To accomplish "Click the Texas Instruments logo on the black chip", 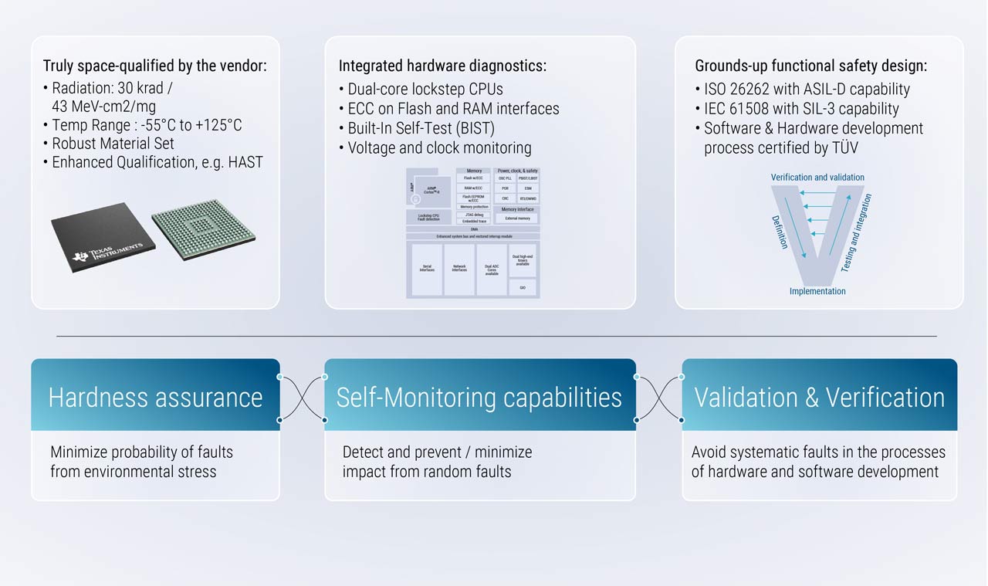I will (x=107, y=252).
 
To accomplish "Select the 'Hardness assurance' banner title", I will (x=155, y=397).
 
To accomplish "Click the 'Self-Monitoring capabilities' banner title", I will (x=479, y=397).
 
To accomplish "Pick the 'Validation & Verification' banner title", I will (x=819, y=397).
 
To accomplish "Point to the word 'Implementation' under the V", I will (x=817, y=291).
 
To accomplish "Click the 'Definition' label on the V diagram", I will (x=780, y=232).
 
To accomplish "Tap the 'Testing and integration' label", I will (x=856, y=233).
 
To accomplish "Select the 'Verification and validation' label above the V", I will (x=817, y=178).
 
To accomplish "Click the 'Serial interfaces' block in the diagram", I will (x=427, y=269).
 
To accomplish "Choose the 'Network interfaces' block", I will (x=459, y=269).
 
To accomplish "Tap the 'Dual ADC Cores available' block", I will (x=492, y=269).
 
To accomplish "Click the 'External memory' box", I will (x=517, y=218).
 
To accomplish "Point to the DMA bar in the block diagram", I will (x=473, y=229).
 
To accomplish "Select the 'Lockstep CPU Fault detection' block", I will (x=428, y=217).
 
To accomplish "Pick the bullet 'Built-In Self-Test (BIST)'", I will (x=421, y=128).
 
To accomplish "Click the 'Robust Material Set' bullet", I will (x=113, y=144).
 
